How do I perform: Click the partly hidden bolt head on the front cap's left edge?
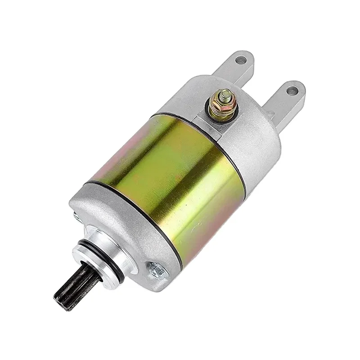point(75,219)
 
